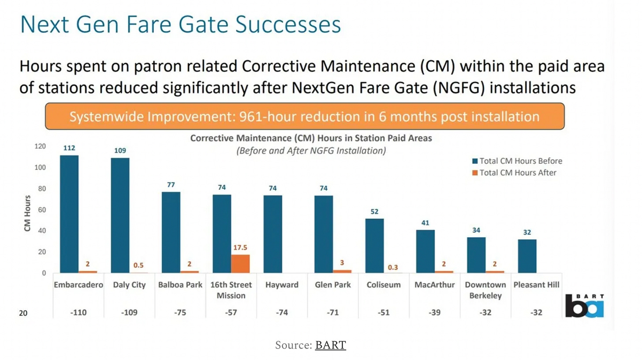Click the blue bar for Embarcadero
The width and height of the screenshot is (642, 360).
[x=69, y=214]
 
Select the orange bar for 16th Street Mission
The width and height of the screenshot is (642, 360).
[x=240, y=264]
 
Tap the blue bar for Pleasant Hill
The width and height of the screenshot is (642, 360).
[x=527, y=256]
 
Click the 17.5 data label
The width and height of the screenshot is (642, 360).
[x=240, y=247]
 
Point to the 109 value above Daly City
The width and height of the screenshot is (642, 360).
[x=120, y=150]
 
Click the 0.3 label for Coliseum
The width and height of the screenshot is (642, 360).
[x=393, y=267]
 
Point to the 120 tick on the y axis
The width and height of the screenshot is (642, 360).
[x=40, y=146]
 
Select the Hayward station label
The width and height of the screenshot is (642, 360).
[x=282, y=285]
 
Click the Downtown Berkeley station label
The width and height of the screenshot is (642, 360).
[x=485, y=290]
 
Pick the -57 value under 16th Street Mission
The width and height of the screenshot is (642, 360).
[x=231, y=313]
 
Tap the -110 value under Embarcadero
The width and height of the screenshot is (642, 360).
[x=78, y=313]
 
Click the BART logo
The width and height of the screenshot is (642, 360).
[x=584, y=306]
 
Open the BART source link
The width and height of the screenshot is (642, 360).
[x=330, y=345]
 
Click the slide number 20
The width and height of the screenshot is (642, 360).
[x=23, y=313]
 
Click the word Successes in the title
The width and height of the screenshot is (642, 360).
[x=288, y=24]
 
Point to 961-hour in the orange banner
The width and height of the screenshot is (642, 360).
[x=266, y=116]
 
